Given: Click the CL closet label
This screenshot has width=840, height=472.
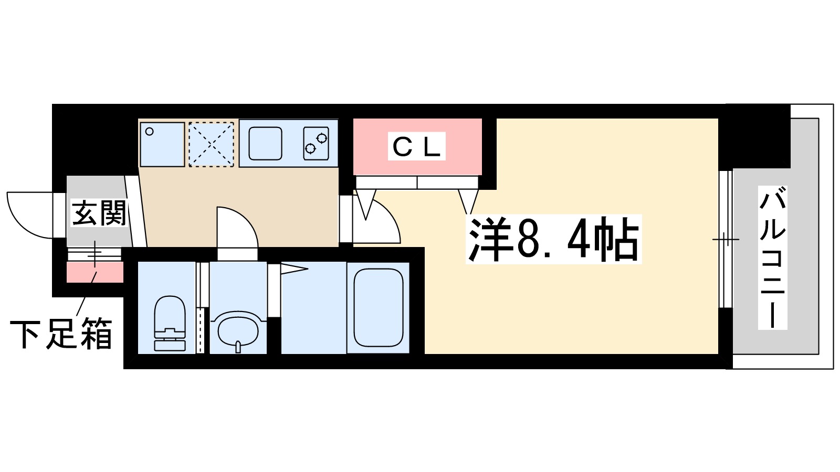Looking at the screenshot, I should click(x=417, y=146).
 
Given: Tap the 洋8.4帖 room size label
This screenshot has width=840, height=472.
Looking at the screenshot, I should click(x=554, y=239).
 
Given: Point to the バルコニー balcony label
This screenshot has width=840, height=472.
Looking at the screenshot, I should click(x=772, y=258).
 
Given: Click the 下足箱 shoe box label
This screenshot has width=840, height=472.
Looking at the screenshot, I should click(x=61, y=334).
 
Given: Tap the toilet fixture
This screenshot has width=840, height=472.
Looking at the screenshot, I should click(x=170, y=324).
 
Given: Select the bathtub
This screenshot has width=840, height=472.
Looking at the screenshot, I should click(x=378, y=307).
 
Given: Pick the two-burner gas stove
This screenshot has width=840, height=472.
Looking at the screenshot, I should click(x=316, y=143).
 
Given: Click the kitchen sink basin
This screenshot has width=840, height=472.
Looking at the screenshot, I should click(x=265, y=143).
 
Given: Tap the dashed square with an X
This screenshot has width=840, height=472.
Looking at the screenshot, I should click(x=211, y=144).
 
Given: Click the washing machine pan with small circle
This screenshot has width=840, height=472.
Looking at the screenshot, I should click(x=162, y=144).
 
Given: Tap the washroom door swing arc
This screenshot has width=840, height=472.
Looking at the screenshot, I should click(x=237, y=227).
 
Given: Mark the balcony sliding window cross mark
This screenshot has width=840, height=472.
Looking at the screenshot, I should click(x=726, y=240).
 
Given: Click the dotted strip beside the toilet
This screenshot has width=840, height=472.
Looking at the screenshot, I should click(x=200, y=330).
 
